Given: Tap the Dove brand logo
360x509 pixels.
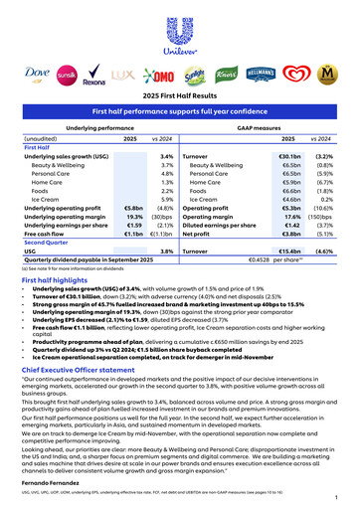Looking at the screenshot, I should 36,71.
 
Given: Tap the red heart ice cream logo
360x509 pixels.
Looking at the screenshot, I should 306,72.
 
